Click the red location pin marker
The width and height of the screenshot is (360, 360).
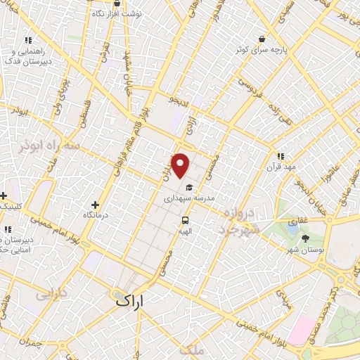(x=181, y=166)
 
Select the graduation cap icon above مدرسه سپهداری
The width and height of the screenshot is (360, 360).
(x=188, y=187)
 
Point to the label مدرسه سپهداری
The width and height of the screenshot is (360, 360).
(x=188, y=199)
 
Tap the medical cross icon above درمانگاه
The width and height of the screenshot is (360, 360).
(x=96, y=205)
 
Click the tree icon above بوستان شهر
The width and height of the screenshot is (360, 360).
(x=304, y=238)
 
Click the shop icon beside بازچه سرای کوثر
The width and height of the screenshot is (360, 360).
(x=262, y=39)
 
